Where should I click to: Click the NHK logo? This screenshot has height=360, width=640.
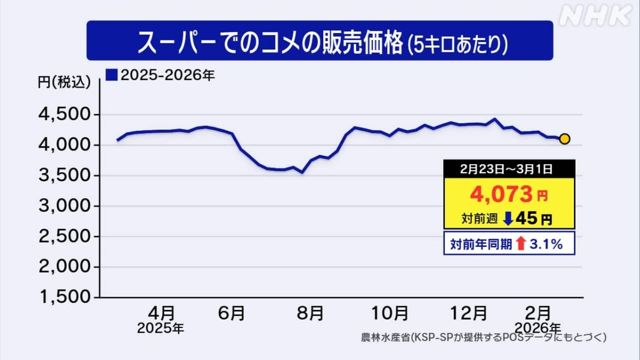[595, 16]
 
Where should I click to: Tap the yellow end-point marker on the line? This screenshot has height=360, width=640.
[564, 139]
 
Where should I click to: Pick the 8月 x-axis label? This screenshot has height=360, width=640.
[309, 312]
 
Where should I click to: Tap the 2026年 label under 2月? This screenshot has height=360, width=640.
[539, 326]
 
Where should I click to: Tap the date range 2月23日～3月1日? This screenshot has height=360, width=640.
[509, 169]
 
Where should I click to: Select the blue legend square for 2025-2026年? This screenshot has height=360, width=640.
[111, 75]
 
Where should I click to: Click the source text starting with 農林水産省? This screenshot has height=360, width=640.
[483, 338]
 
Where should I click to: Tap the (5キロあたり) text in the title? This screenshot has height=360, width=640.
[456, 44]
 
